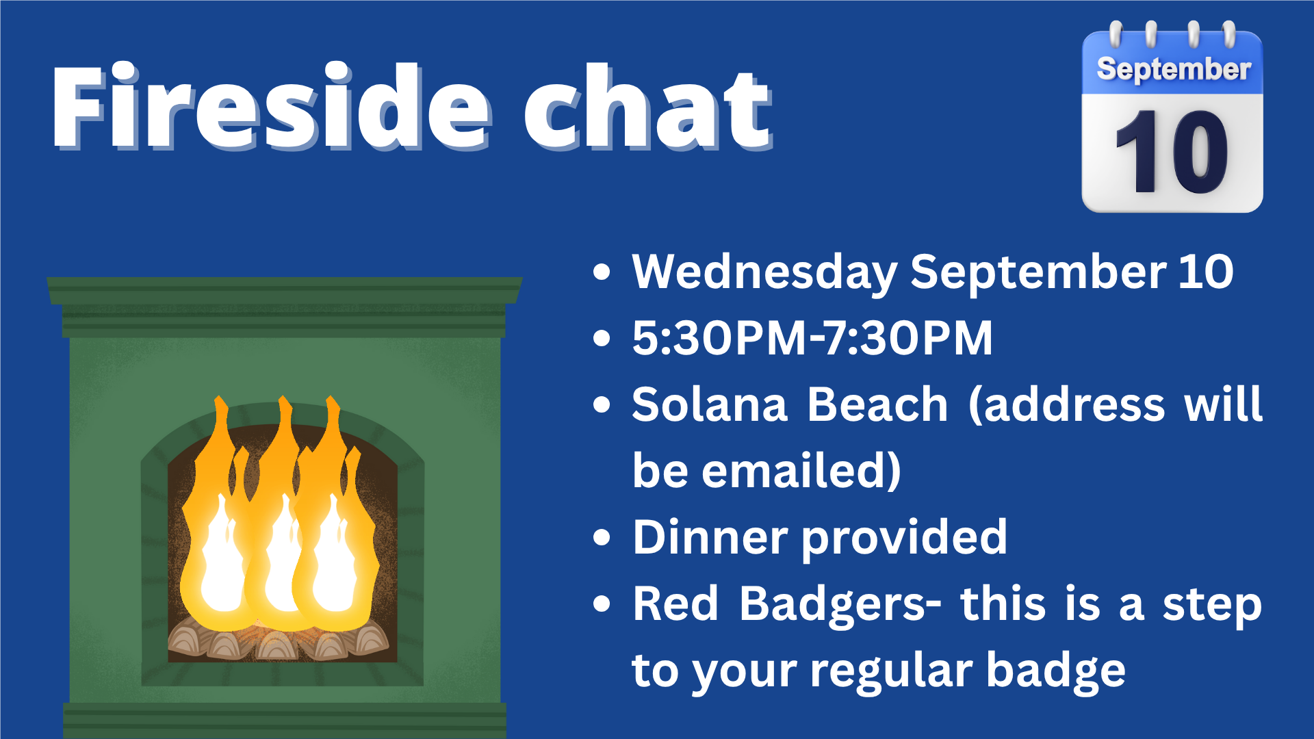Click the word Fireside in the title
[x=271, y=106]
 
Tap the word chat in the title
[x=649, y=106]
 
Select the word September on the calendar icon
[x=1174, y=69]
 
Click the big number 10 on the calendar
[x=1172, y=151]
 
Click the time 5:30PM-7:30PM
[x=812, y=338]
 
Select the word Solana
[x=710, y=404]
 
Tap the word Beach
[x=877, y=404]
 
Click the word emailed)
[x=801, y=471]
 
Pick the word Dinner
[x=710, y=537]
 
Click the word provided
[x=904, y=539]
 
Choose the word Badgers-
[x=840, y=605]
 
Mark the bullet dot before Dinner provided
[x=602, y=538]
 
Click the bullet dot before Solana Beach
[x=602, y=404]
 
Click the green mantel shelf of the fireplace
[x=284, y=291]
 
